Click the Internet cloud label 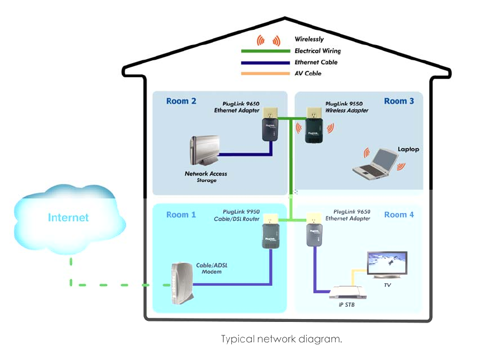tap(69, 218)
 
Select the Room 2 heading tap(181, 101)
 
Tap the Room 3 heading tap(399, 101)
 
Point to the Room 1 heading tap(181, 215)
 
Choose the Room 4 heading tap(399, 215)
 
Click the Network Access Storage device tap(205, 151)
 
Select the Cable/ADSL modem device tap(179, 283)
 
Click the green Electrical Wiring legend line tap(265, 51)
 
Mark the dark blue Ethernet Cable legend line tap(265, 62)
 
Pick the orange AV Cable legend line tap(265, 73)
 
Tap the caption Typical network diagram tap(281, 339)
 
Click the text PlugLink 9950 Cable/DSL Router tap(238, 215)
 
